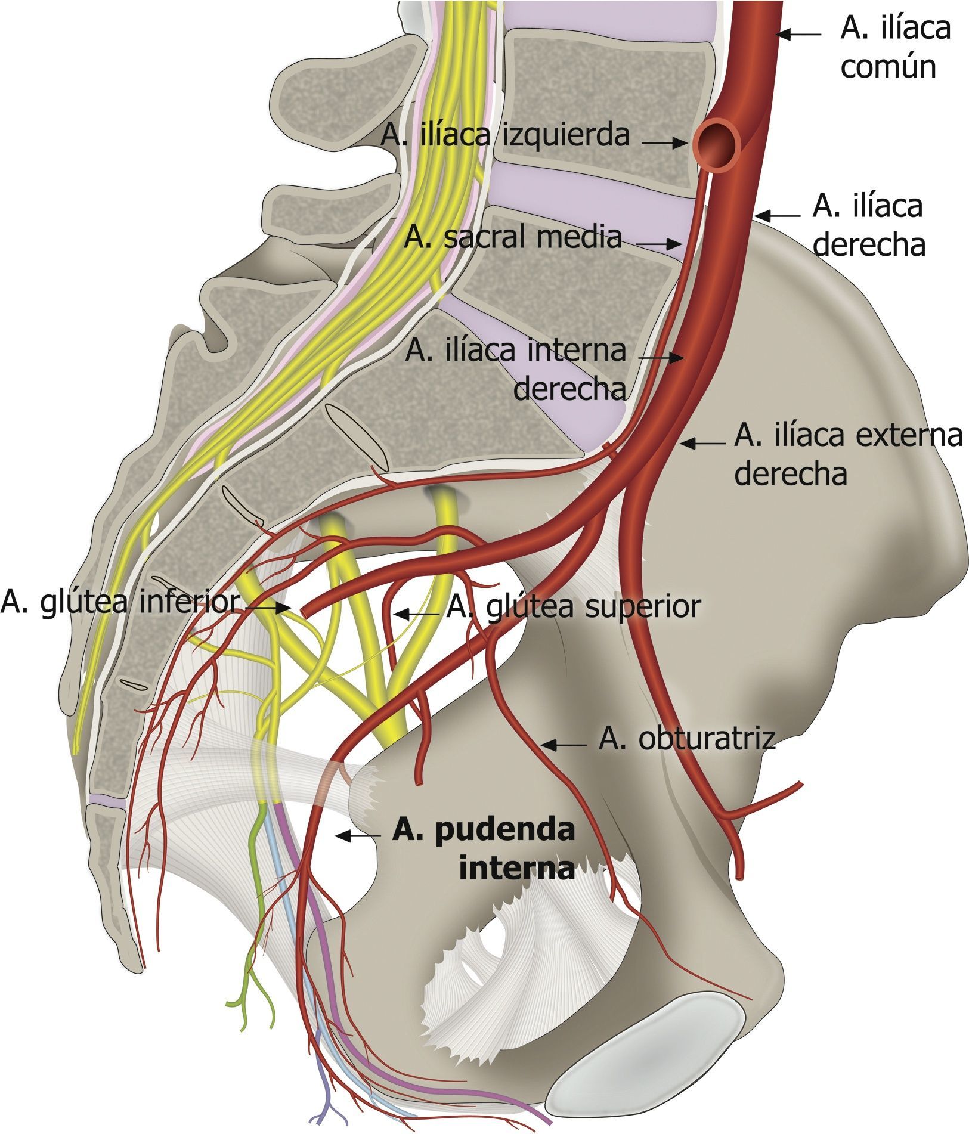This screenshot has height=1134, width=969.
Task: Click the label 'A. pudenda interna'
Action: [484, 848]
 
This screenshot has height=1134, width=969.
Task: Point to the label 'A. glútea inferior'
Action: [119, 602]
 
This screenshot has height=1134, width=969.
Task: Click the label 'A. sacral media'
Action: [512, 238]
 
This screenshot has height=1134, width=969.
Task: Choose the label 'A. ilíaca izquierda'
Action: [505, 135]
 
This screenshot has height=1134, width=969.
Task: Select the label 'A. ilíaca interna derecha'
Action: [516, 370]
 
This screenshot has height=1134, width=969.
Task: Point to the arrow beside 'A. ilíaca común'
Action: [799, 35]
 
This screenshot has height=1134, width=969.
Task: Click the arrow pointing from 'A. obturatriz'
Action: [564, 744]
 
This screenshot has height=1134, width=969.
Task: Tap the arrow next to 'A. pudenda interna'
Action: [358, 836]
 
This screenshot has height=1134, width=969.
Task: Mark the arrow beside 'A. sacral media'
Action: [658, 244]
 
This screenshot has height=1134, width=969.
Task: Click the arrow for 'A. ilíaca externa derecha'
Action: [704, 443]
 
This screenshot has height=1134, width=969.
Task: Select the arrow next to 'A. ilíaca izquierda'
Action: [665, 143]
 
